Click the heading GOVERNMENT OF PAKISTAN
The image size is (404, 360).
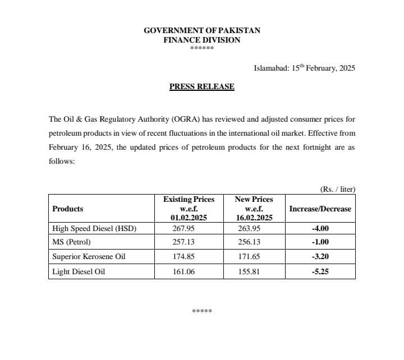coord(202,30)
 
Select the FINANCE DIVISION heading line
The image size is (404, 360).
coord(202,40)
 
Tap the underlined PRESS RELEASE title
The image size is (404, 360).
coord(202,87)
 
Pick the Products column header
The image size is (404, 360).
coord(67,209)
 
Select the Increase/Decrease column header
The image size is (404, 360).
coord(320,209)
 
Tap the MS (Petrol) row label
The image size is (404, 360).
coord(71,242)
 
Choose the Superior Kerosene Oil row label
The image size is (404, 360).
coord(89,257)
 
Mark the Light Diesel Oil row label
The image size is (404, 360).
coord(79,271)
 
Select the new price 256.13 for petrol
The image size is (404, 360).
coord(255,242)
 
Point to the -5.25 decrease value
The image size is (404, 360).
coord(320,271)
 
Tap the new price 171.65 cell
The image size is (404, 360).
coord(255,257)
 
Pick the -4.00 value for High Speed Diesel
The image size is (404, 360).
coord(320,228)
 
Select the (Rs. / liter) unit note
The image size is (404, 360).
coord(337,189)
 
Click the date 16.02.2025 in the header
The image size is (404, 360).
coord(255,217)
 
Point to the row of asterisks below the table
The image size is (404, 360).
coord(201,311)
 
